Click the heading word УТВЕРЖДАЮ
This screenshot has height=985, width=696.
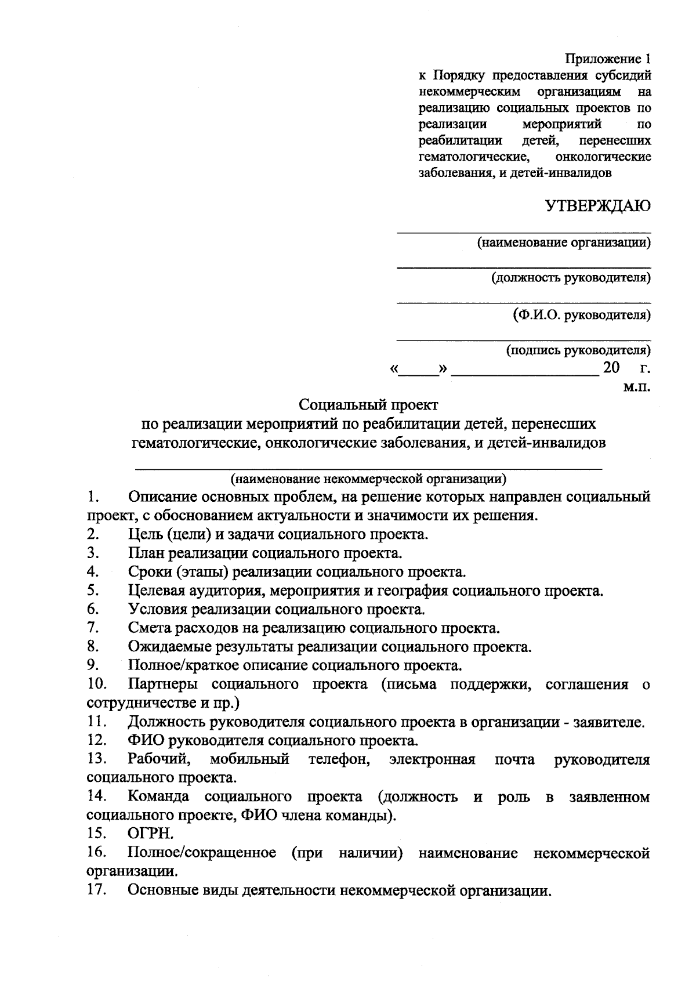pos(597,207)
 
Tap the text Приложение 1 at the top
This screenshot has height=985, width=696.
pos(608,59)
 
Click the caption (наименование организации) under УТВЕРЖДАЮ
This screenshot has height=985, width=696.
pos(563,242)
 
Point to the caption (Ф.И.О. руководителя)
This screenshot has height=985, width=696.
pos(581,315)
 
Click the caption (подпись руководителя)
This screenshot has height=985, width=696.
pos(578,350)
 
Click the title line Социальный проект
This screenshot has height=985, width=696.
pos(368,404)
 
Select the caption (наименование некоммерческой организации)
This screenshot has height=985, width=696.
pos(368,479)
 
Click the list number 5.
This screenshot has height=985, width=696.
pos(92,591)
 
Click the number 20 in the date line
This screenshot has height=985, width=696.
pos(611,368)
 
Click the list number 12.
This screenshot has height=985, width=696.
pos(96,740)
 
